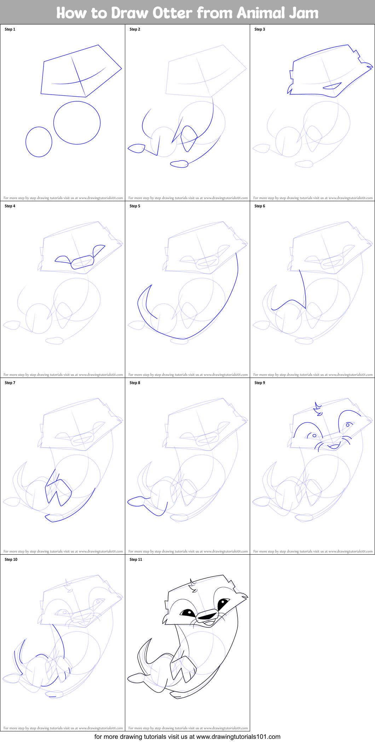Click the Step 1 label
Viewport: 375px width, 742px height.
pos(10,29)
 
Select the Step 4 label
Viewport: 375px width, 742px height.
pos(10,206)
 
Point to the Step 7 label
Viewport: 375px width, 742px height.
pos(10,383)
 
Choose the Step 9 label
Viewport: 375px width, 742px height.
pos(260,383)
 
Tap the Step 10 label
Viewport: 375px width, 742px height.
pos(11,560)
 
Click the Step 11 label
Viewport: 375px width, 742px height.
pos(136,560)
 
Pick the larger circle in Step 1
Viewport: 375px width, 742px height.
pos(77,123)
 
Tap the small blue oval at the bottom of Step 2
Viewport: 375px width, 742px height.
pos(179,164)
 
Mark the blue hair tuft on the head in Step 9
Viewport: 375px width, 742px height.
pos(318,409)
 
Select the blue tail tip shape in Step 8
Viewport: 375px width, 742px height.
pos(135,501)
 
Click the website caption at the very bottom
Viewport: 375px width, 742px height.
pos(187,737)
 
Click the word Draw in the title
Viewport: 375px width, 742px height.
pos(129,13)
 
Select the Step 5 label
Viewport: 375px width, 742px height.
pos(135,206)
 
